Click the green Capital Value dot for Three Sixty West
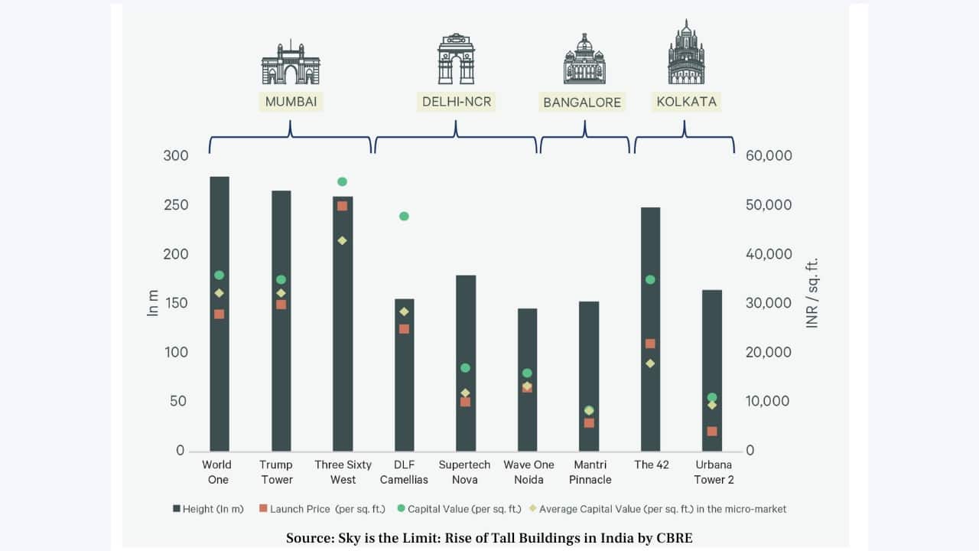pos(342,181)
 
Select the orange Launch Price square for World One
pos(219,314)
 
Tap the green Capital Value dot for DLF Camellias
pos(404,217)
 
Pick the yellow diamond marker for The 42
pos(650,364)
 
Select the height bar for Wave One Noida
pos(527,344)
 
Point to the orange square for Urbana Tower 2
pos(712,432)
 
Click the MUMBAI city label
pos(291,102)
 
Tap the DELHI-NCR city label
pos(457,102)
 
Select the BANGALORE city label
pos(582,103)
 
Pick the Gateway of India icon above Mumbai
pos(291,63)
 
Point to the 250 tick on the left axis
pos(176,205)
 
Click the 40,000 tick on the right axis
pos(768,254)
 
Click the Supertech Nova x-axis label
pos(465,472)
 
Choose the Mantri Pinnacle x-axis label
pos(589,472)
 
